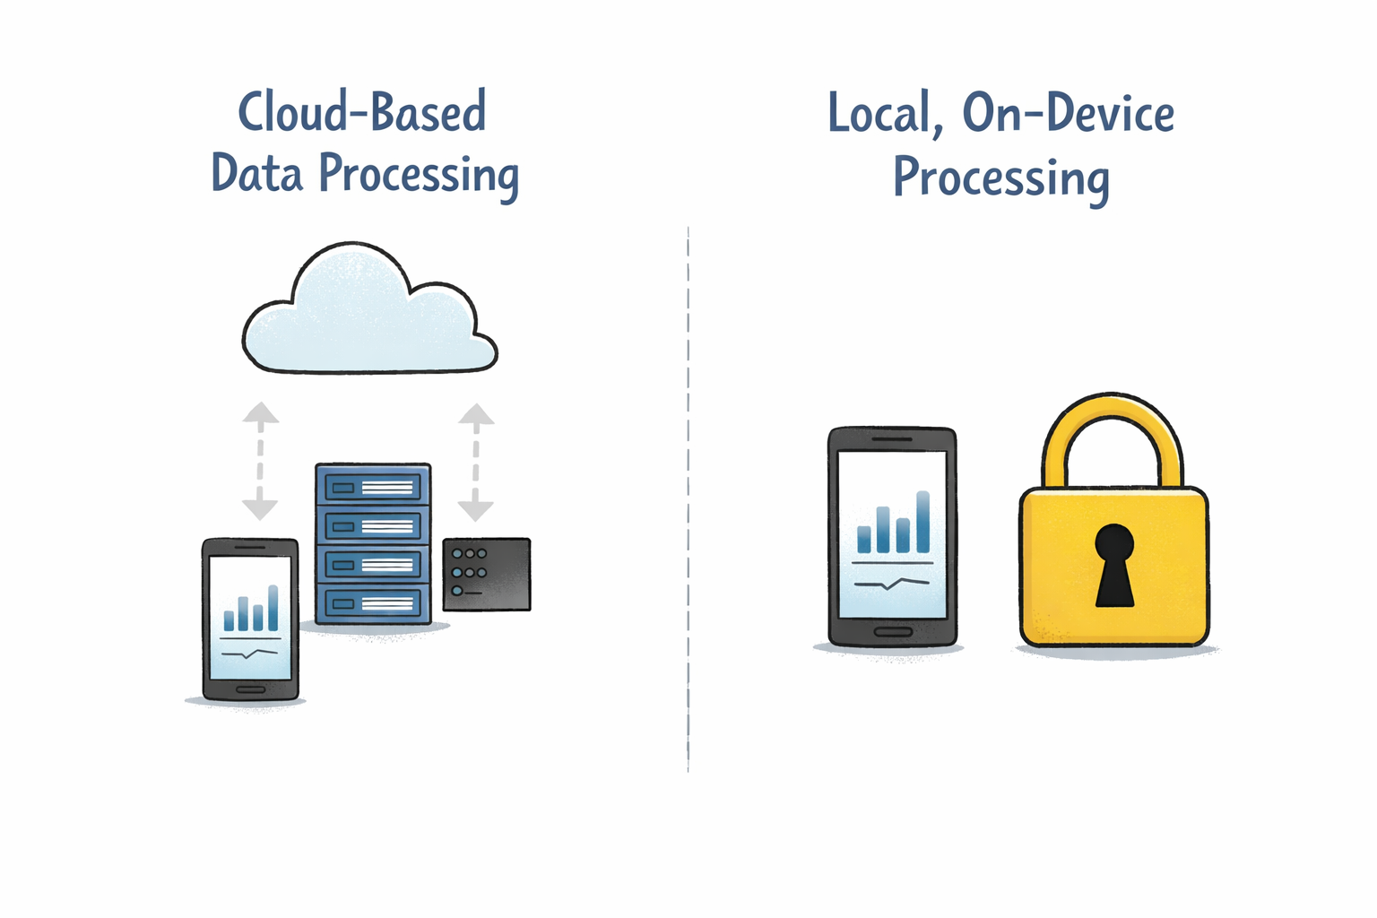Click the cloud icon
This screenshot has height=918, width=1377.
coord(368,314)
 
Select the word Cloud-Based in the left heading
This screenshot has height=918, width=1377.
coord(362,113)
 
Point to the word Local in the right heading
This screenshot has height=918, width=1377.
coord(880,115)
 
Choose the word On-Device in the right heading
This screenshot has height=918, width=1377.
coord(1068,115)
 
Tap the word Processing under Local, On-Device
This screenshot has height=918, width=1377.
coord(1000,177)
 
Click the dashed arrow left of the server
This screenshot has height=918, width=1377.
coord(260,461)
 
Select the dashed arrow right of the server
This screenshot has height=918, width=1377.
coord(476,462)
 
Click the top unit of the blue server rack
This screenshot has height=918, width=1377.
coord(373,487)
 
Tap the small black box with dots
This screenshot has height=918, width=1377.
coord(487,574)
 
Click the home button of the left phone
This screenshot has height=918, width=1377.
coord(250,689)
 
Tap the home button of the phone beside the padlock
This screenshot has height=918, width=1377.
coord(892,632)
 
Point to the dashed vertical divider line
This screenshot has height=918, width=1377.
coord(688,498)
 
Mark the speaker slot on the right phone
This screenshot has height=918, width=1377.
coord(892,439)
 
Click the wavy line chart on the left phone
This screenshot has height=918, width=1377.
coord(250,654)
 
